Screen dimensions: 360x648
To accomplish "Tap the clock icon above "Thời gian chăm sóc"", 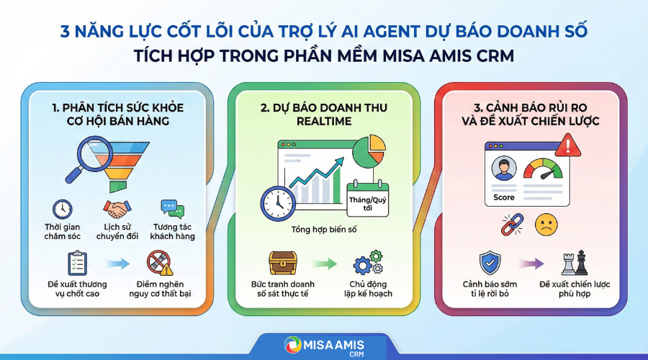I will coord(62,210).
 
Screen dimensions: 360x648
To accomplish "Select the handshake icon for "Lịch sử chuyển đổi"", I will coord(115,210).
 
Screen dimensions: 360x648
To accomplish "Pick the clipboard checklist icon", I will coord(76,262).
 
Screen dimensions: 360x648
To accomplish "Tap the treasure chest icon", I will coord(282,262).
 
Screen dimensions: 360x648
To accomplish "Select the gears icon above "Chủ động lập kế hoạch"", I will coord(367,262).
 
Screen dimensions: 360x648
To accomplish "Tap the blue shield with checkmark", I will coord(490,263).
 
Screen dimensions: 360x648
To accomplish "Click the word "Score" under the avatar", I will coord(504,197).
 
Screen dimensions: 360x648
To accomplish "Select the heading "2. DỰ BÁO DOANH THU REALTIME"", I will coord(324,114).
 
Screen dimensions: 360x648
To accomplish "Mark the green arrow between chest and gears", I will coord(325,264).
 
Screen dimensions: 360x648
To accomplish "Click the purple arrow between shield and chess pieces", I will coord(533,264).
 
